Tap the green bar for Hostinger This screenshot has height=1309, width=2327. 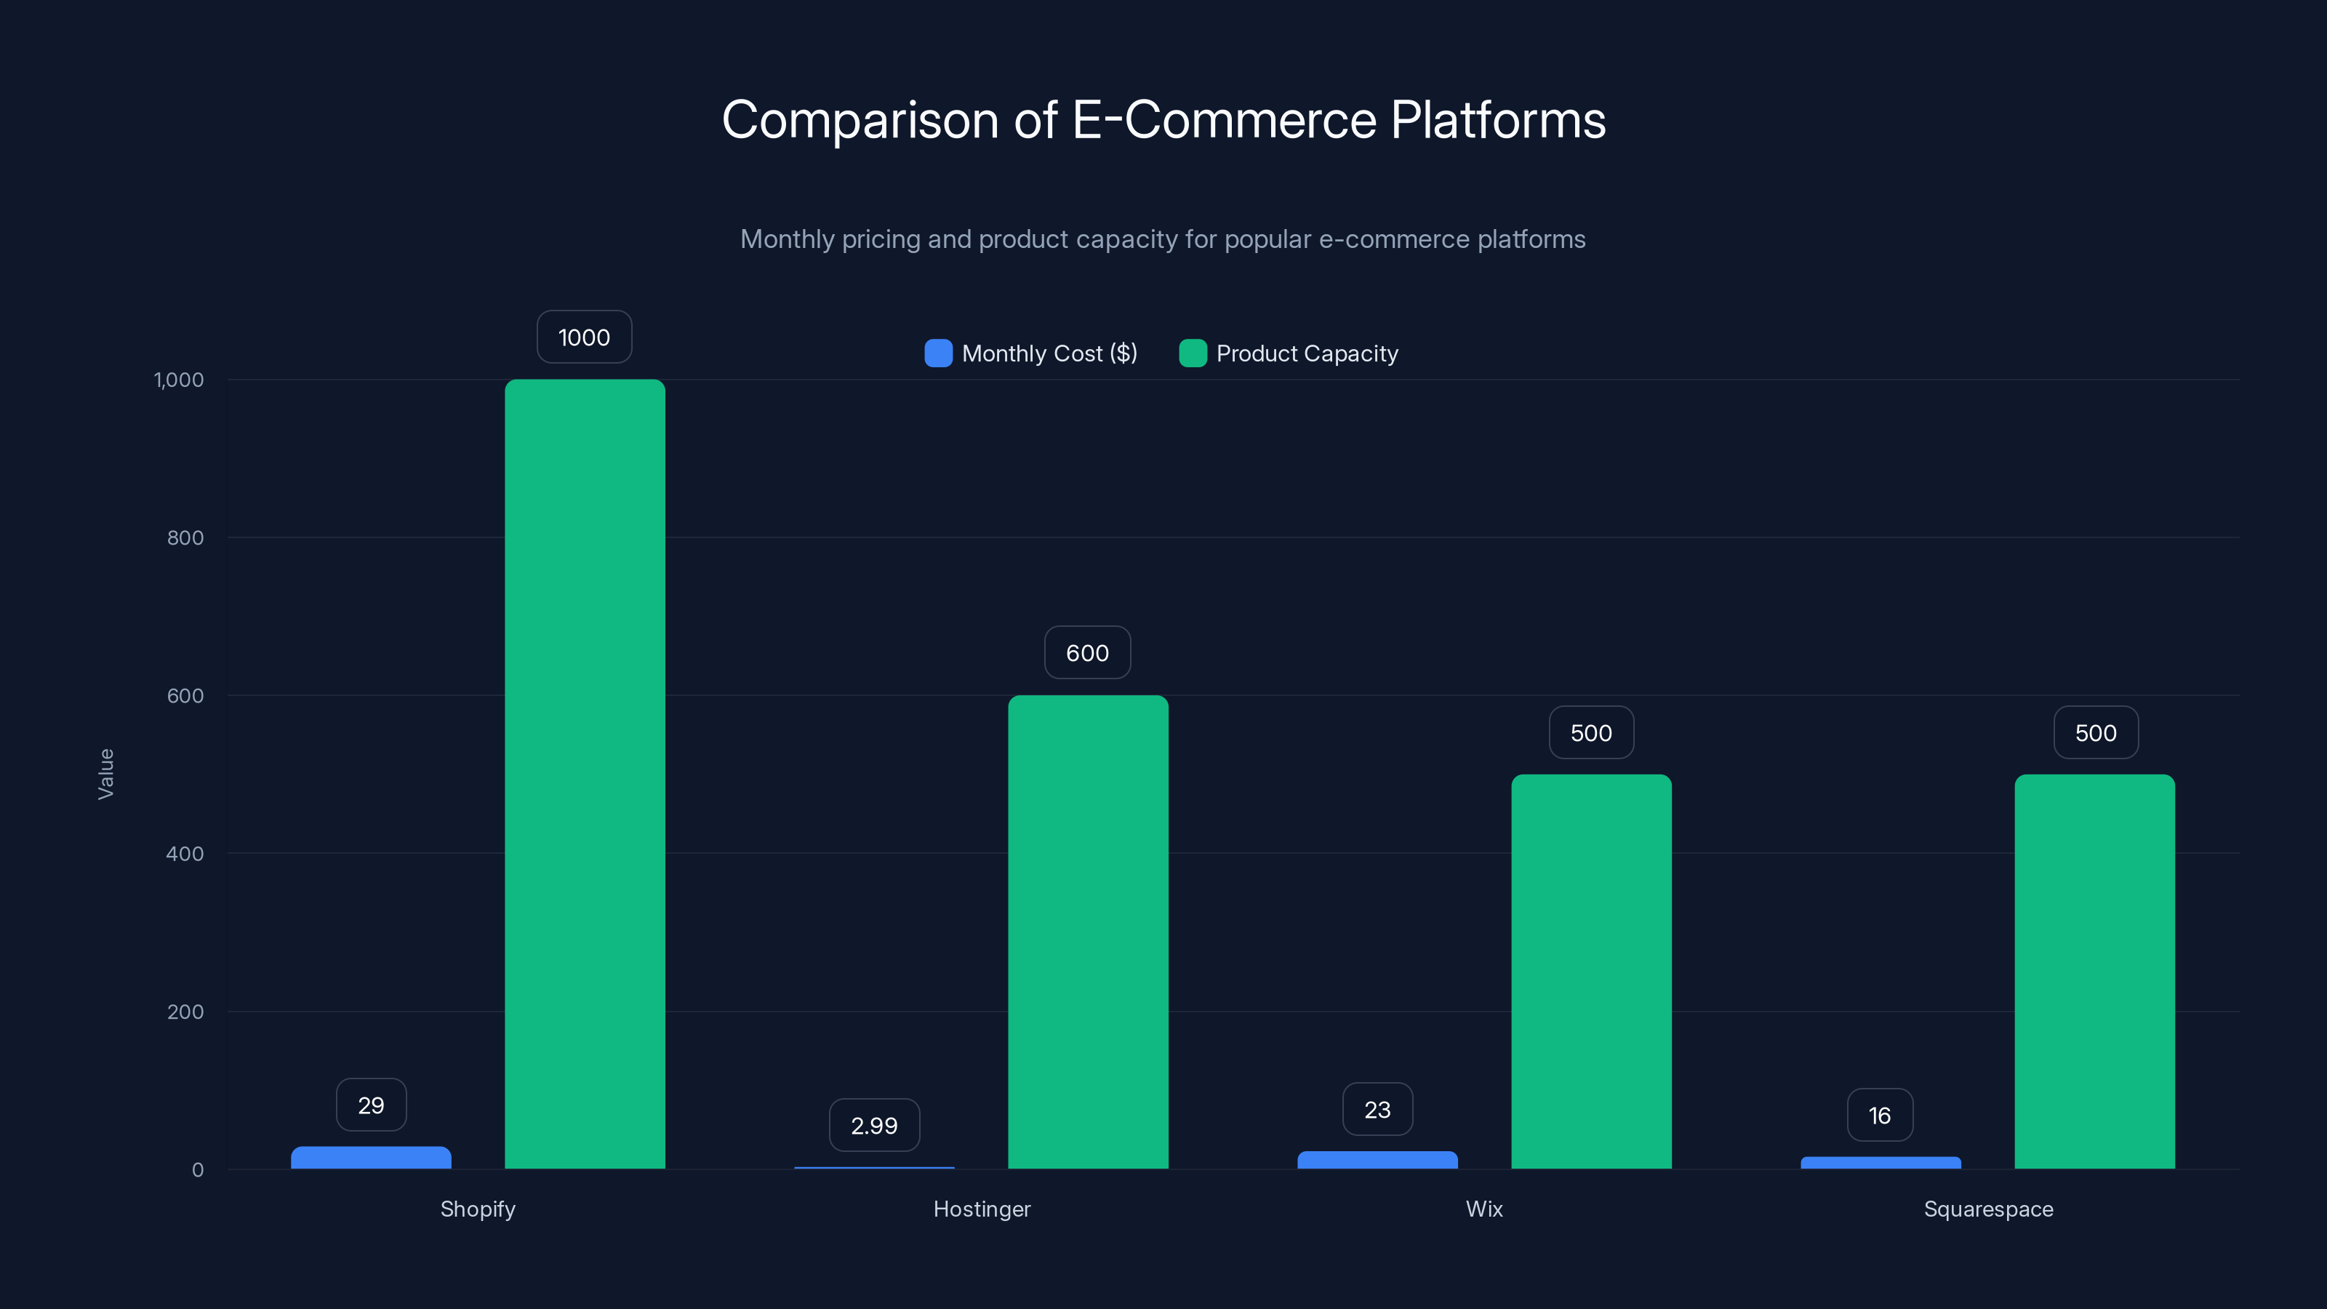pyautogui.click(x=1088, y=932)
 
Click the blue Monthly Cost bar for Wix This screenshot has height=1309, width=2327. pyautogui.click(x=1377, y=1160)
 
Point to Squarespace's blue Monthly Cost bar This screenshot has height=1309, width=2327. pyautogui.click(x=1880, y=1163)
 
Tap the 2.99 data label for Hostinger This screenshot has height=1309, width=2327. pyautogui.click(x=873, y=1126)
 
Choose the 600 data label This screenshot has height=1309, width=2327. pyautogui.click(x=1086, y=653)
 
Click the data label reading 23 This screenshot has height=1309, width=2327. pyautogui.click(x=1377, y=1109)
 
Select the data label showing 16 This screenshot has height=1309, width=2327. pyautogui.click(x=1879, y=1116)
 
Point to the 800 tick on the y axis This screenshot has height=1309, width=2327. pyautogui.click(x=185, y=537)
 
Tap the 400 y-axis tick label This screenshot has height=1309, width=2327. pyautogui.click(x=185, y=854)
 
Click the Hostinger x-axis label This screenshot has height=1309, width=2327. pyautogui.click(x=981, y=1209)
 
